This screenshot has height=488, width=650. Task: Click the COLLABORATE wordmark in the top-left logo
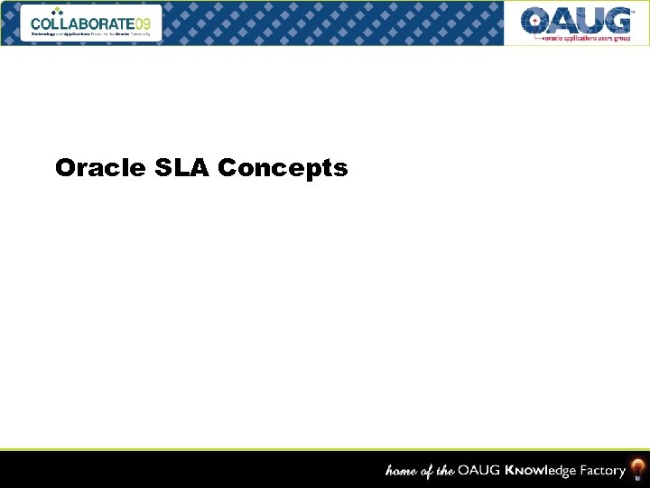tap(82, 23)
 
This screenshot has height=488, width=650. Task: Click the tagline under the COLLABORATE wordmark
tap(90, 33)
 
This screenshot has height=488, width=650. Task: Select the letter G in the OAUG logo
tap(617, 20)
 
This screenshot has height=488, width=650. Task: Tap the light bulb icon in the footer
tap(637, 469)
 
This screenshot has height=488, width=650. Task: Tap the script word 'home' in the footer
tap(403, 471)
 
